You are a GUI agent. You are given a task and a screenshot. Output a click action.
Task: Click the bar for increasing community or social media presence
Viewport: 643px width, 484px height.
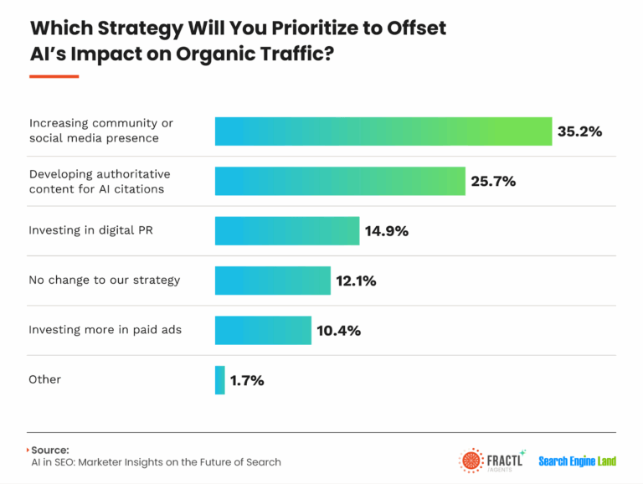click(x=383, y=131)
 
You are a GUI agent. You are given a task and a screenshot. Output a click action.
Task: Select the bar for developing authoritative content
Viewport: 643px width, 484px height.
click(x=340, y=181)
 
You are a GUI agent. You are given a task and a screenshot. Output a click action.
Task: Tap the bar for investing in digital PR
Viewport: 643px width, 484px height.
click(x=287, y=230)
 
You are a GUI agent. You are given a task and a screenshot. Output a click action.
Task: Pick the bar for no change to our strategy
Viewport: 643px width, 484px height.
click(x=273, y=281)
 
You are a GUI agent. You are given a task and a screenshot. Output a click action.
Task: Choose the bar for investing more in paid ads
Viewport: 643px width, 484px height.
click(x=263, y=330)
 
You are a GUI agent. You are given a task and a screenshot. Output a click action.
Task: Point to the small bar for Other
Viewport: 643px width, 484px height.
click(x=220, y=380)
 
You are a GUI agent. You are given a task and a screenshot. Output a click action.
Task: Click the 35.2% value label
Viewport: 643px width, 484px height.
click(x=580, y=131)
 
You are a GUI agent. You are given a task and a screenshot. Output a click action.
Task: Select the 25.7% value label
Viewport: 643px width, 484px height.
click(x=494, y=181)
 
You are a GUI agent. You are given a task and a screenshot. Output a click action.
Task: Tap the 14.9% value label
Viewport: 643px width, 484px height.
click(x=387, y=231)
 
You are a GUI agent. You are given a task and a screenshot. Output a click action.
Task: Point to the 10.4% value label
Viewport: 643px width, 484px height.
click(x=338, y=330)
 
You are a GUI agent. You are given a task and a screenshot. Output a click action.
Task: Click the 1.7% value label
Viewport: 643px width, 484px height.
click(x=247, y=380)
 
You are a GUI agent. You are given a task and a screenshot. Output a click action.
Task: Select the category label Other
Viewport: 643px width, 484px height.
click(x=45, y=379)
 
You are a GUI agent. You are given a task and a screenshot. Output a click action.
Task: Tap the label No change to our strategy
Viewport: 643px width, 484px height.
click(x=105, y=280)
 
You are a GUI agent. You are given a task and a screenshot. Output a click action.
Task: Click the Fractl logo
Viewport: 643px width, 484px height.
click(x=492, y=461)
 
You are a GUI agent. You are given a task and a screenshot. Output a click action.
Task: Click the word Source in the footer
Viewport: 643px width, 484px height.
click(x=52, y=450)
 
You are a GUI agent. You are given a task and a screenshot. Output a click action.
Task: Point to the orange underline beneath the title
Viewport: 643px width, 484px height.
click(x=54, y=76)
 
